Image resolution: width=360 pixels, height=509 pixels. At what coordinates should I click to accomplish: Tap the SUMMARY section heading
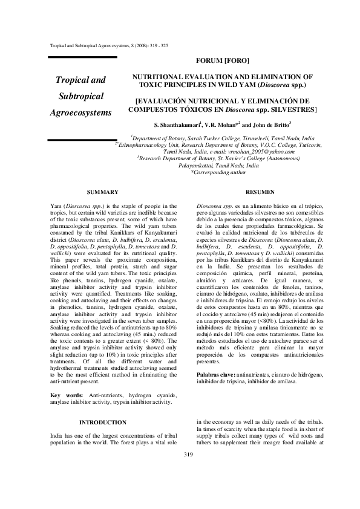[102, 192]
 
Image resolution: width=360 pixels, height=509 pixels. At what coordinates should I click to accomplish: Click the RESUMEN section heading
[261, 192]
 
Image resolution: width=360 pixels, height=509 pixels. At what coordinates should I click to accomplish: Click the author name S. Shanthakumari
[177, 125]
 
